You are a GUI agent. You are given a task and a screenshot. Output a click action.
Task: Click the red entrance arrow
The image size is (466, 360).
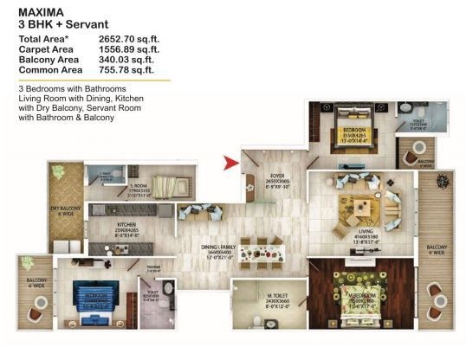[x=231, y=160]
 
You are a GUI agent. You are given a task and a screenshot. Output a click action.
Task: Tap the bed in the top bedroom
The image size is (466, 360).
[x=348, y=130]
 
